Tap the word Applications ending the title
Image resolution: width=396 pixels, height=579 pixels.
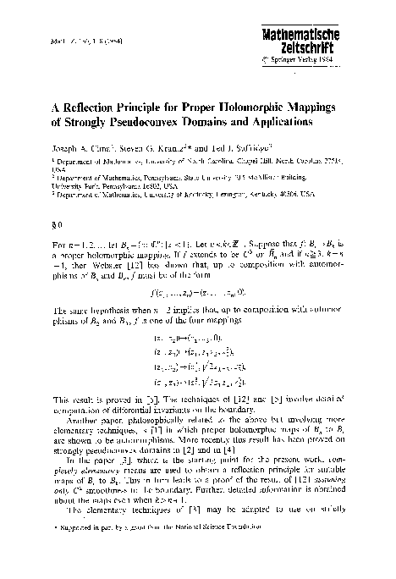pyautogui.click(x=272, y=121)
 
